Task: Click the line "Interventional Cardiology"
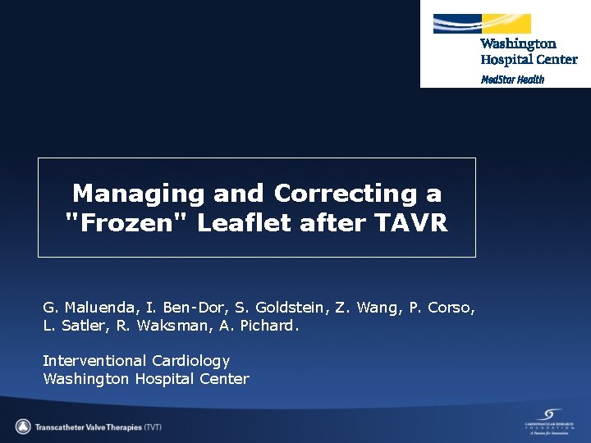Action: click(136, 361)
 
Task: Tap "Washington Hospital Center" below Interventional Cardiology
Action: click(145, 379)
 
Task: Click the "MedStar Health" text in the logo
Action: click(512, 80)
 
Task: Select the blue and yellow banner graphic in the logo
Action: click(482, 24)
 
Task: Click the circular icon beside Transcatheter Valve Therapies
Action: click(24, 427)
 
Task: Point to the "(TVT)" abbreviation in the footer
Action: click(153, 427)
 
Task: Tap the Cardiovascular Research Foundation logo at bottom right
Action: click(548, 422)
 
